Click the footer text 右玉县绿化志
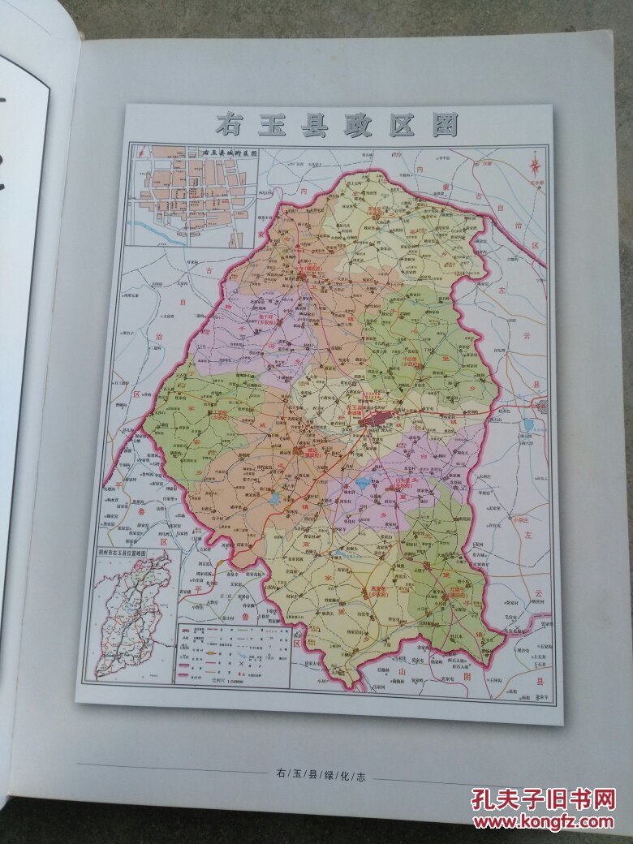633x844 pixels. tap(316, 776)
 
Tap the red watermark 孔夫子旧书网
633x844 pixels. tap(543, 799)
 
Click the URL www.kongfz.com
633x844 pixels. tap(543, 821)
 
